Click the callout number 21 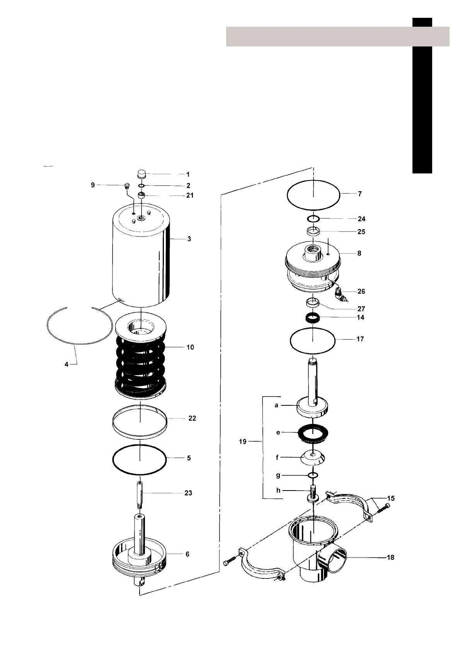190,196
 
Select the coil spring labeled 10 141,364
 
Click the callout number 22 192,418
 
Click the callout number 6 187,554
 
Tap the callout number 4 66,364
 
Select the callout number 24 361,219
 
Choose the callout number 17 360,339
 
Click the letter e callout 278,432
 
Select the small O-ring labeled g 313,475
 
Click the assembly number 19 243,441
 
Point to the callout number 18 391,557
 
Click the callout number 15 391,498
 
